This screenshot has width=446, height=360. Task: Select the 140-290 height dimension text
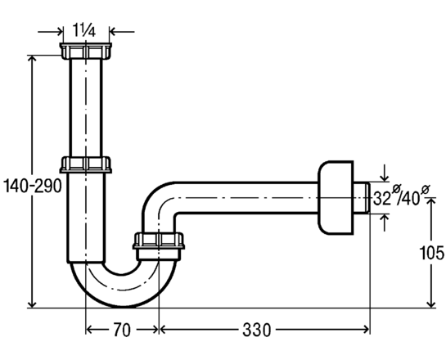point(32,187)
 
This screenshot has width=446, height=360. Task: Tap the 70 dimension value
point(122,330)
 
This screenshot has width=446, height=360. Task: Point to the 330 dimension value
point(257,330)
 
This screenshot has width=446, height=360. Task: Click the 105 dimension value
point(432,253)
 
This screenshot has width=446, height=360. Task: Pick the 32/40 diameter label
point(401,196)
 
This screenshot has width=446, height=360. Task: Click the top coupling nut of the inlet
point(86,51)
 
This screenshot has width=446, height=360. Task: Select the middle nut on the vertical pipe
point(86,164)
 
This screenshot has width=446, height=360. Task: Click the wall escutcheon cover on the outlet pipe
point(336,198)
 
